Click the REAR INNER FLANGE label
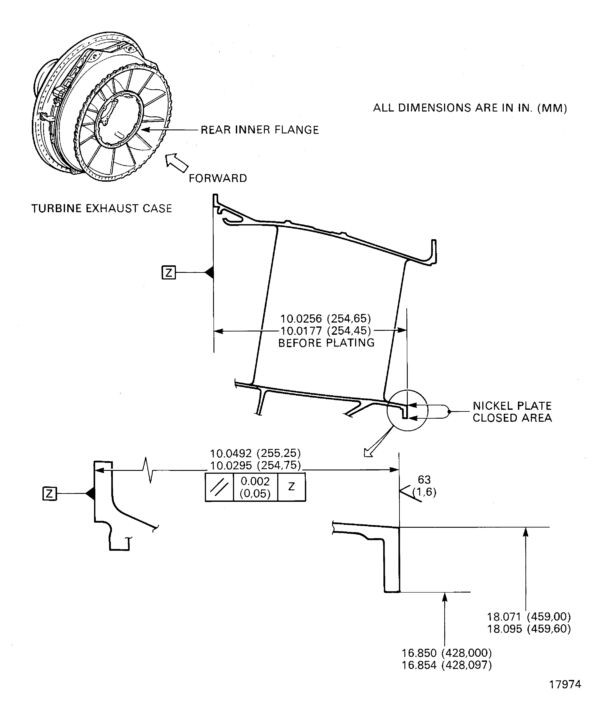(x=260, y=130)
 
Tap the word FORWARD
(x=218, y=178)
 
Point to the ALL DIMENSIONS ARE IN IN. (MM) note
(x=470, y=108)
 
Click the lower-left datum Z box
(x=49, y=494)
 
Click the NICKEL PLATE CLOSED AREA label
(x=512, y=412)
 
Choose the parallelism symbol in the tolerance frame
(x=219, y=487)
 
